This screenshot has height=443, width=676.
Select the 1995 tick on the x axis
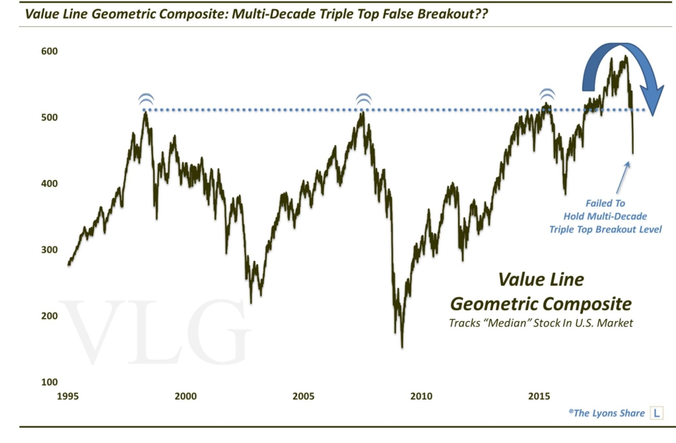(68, 397)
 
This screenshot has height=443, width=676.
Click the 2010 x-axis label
(421, 397)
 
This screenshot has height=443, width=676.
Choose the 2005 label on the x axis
(303, 397)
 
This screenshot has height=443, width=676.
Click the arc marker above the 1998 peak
(147, 100)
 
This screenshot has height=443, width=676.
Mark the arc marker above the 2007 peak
(362, 100)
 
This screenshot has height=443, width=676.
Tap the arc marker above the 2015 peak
(547, 94)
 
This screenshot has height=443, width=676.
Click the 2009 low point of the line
(402, 347)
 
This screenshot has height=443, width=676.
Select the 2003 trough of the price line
(251, 302)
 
